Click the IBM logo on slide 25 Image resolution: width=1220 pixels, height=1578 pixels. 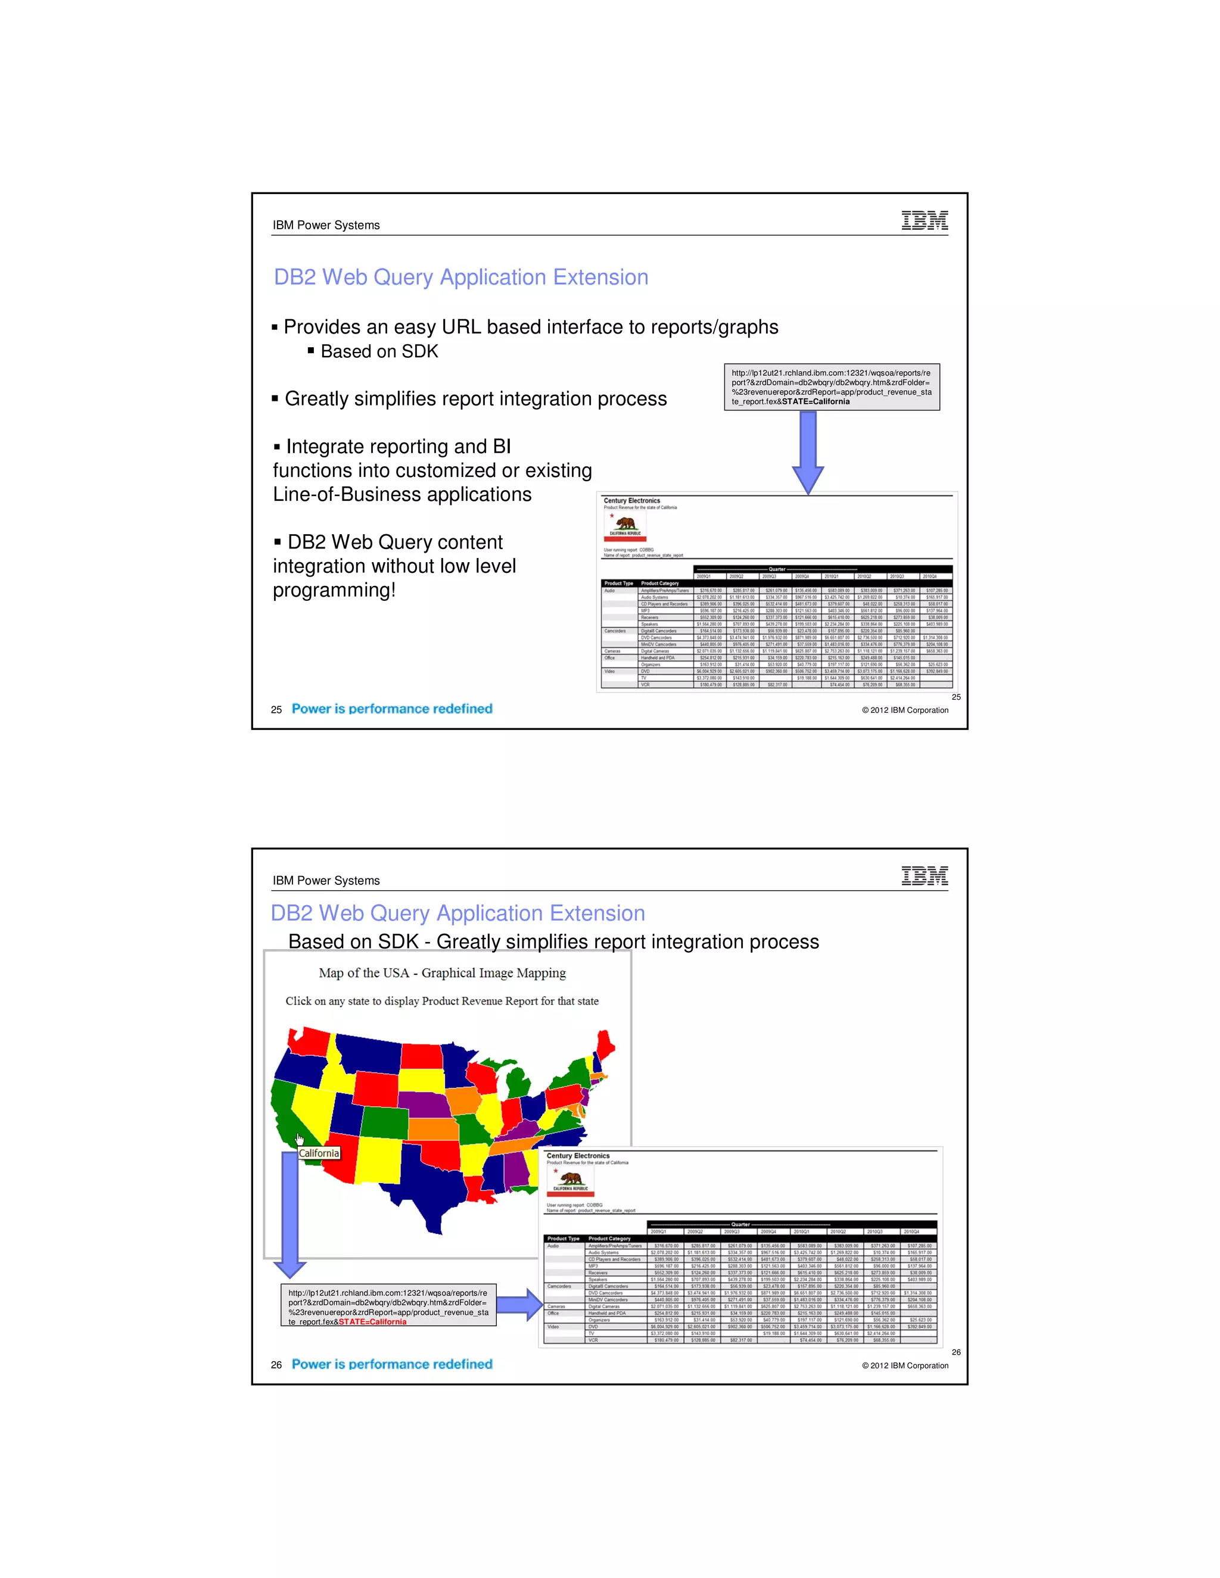925,220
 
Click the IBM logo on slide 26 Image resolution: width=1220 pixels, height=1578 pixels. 925,876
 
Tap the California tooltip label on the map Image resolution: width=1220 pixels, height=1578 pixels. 319,1153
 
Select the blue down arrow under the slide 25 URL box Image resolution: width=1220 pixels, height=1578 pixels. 808,451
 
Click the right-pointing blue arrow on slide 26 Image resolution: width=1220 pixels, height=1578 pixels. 519,1305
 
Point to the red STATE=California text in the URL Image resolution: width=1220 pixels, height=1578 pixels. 372,1321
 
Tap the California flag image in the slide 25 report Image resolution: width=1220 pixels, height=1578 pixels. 625,528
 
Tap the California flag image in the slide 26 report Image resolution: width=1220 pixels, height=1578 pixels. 570,1182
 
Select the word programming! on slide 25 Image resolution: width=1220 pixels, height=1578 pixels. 334,590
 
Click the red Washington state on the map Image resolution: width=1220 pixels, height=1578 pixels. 309,1040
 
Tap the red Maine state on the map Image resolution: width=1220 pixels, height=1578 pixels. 604,1046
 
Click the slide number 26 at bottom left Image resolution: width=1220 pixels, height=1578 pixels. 276,1365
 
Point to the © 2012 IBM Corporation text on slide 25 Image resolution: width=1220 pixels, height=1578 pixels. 904,710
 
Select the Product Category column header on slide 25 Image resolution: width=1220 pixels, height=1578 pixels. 659,583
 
